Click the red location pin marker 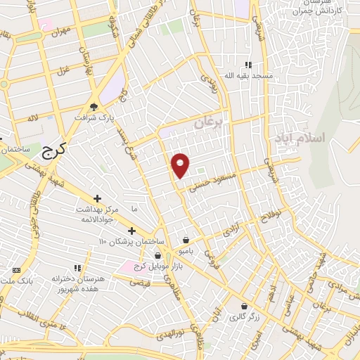click(x=181, y=165)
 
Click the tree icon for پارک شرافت click(x=94, y=107)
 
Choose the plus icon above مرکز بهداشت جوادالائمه click(x=97, y=198)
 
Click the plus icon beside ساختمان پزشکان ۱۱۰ click(x=131, y=231)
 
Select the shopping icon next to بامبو click(x=186, y=239)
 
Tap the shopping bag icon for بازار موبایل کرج click(x=158, y=255)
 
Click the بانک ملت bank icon click(x=17, y=271)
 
